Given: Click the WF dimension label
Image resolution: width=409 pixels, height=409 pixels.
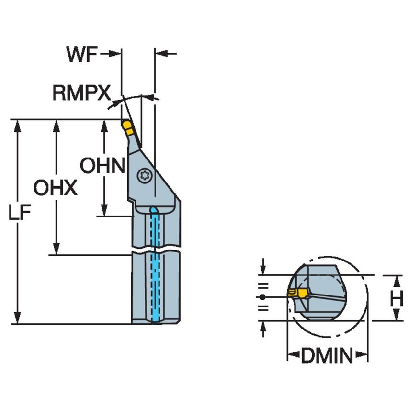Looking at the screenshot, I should [x=82, y=55].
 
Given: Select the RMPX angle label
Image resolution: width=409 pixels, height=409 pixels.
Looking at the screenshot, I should [x=81, y=93].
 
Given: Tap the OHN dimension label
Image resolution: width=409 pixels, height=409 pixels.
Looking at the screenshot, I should [x=102, y=166].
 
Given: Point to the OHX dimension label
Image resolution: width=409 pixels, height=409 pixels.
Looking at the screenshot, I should [x=55, y=188].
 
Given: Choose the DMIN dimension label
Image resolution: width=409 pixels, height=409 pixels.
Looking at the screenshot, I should [x=327, y=356].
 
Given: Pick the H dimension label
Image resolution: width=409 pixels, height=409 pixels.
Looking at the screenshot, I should [x=396, y=299].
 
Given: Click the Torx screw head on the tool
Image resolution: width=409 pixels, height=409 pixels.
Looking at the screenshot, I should [x=144, y=176].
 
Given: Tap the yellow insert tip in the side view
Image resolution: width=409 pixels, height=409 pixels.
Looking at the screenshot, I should [x=127, y=126].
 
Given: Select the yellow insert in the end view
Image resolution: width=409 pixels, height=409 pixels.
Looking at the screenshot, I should [x=298, y=293].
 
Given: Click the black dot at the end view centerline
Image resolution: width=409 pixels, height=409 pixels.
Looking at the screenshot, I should [x=262, y=297].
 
